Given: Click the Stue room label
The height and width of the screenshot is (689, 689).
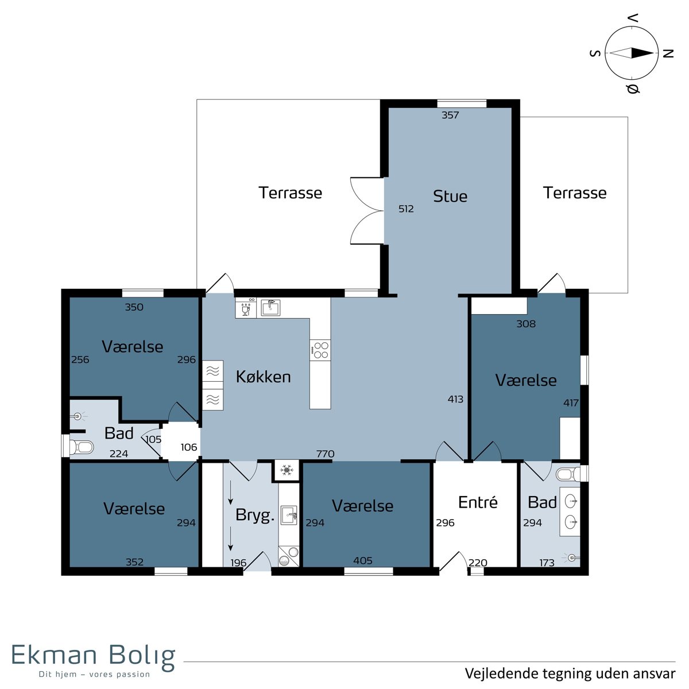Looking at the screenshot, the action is [x=450, y=196].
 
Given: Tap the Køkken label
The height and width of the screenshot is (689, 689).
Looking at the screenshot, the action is [x=263, y=377].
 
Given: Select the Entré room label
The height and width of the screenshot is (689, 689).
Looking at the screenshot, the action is [x=478, y=502].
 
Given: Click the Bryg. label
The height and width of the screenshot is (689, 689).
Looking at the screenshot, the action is [x=254, y=516].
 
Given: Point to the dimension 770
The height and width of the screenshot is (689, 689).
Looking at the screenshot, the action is [x=326, y=454].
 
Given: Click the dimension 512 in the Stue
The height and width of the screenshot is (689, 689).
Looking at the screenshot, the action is [x=406, y=209].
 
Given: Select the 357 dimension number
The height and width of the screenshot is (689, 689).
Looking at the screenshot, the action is [x=450, y=115].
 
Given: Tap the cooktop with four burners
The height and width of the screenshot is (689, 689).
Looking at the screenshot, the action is [x=320, y=350].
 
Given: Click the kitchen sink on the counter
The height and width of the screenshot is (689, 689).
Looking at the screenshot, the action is [x=270, y=308].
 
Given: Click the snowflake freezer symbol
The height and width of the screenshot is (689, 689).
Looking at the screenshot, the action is [x=287, y=470].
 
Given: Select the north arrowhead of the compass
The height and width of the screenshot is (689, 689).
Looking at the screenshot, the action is [x=642, y=53].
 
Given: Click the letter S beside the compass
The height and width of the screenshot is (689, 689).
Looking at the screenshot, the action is [x=595, y=53].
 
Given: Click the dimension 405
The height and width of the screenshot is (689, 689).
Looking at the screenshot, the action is [x=362, y=560].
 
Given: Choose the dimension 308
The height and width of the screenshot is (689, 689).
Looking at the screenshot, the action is [x=526, y=324].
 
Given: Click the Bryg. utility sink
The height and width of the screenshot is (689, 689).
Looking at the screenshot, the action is [x=289, y=515].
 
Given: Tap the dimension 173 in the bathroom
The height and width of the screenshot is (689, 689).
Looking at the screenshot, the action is [x=547, y=563].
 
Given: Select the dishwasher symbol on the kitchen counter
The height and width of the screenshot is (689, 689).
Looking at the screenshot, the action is [x=246, y=308].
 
